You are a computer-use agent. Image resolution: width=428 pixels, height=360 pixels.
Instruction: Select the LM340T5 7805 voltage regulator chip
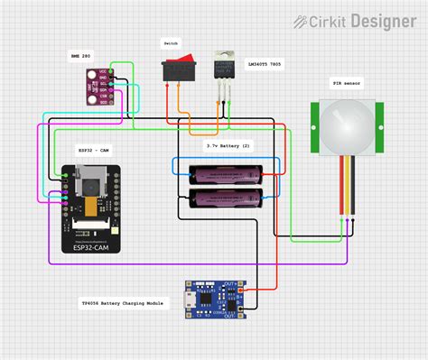221,69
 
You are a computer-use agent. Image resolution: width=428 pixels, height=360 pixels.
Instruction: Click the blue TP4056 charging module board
213,300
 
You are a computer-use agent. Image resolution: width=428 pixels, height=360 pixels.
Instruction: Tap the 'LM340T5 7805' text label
263,65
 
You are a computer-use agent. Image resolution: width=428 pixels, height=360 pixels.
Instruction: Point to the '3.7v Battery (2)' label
228,144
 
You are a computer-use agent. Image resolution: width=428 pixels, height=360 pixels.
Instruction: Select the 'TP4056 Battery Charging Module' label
126,304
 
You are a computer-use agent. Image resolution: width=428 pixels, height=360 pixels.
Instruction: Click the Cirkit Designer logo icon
312,20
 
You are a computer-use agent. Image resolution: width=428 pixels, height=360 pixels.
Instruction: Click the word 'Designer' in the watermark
383,20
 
